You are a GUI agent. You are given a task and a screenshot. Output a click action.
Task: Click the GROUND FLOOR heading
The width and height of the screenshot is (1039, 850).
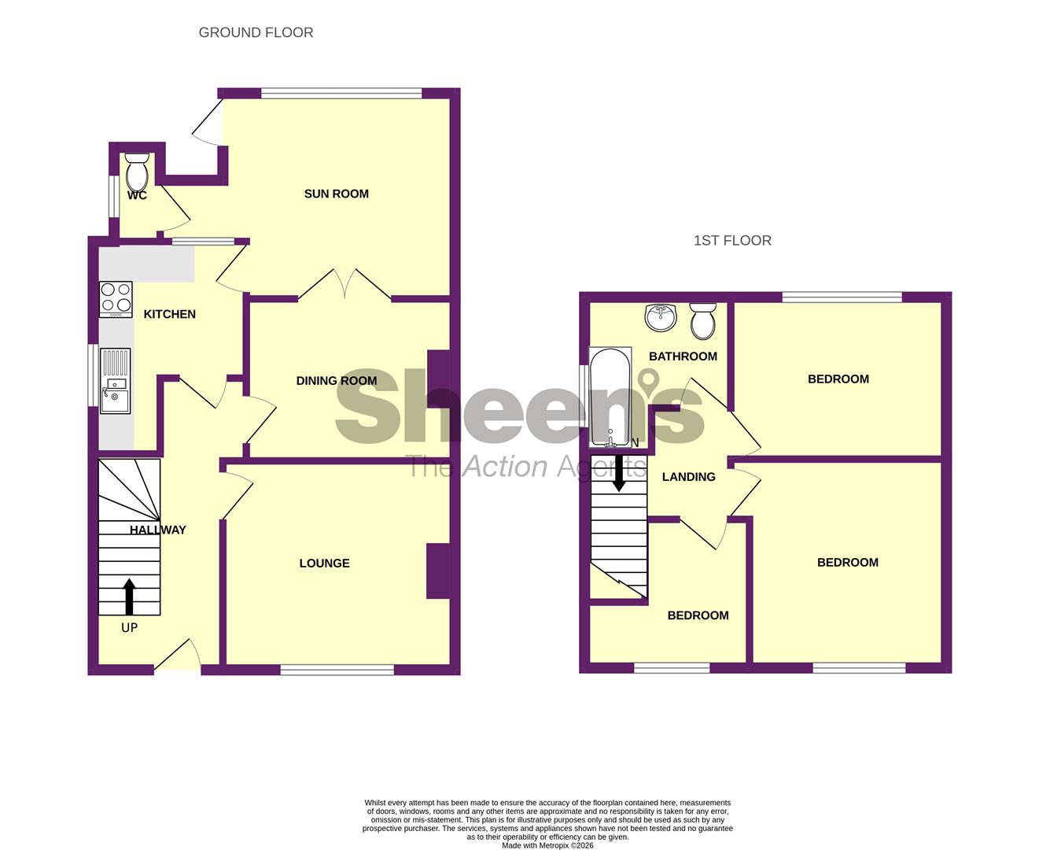256,32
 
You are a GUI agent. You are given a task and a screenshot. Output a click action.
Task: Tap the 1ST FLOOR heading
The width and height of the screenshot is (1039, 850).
732,241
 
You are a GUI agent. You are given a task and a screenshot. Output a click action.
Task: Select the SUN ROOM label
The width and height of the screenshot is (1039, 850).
337,194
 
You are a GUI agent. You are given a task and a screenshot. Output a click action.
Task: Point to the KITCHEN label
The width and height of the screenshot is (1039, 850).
169,314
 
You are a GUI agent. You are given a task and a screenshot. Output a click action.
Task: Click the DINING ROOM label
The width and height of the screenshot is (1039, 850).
337,381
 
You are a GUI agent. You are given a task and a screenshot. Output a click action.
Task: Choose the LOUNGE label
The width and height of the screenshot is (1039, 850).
325,563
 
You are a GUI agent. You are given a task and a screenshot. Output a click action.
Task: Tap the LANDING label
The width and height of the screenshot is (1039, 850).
689,477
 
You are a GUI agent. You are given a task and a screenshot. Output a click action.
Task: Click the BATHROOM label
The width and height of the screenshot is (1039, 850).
683,357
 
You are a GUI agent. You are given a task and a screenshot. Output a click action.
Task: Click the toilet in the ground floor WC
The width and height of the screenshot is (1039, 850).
137,172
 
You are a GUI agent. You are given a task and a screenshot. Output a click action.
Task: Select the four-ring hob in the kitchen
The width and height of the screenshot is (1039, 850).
116,299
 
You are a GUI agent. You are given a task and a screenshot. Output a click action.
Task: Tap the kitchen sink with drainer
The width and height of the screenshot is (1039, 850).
116,381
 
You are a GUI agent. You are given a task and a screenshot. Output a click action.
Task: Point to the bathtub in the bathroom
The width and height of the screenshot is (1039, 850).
610,397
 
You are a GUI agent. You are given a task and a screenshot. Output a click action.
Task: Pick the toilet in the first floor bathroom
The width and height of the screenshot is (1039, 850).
703,321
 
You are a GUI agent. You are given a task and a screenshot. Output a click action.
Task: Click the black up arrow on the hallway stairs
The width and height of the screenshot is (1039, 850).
129,597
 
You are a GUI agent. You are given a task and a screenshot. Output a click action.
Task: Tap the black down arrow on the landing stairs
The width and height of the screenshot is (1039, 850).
619,473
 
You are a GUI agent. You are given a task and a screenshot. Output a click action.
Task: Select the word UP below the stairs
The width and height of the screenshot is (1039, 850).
130,627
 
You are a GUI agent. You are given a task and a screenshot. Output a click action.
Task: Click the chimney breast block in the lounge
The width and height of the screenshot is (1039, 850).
438,571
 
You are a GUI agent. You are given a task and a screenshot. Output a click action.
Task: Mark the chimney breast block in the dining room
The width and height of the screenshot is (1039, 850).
438,379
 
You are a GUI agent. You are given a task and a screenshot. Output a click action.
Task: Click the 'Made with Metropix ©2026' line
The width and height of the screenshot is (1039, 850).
547,845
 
